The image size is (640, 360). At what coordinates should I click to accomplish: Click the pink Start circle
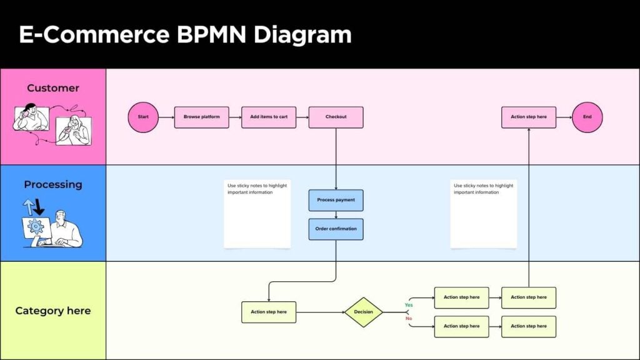point(143,117)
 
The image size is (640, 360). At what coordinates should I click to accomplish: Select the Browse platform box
point(201,117)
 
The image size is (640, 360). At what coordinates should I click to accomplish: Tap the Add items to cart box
point(269,117)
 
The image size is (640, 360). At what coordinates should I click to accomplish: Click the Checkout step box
point(336,117)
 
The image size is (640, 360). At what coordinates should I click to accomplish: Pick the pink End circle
point(587,117)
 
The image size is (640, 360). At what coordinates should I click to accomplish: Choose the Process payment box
point(336,200)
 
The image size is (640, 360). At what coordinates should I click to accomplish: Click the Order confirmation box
point(336,229)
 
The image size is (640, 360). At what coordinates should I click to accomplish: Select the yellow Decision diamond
point(363,312)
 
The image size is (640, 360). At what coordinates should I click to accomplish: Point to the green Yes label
point(409,305)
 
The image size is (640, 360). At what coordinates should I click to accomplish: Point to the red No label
point(409,319)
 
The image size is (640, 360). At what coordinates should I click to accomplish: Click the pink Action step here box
point(528,117)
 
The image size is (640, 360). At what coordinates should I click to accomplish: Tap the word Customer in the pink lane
point(53,88)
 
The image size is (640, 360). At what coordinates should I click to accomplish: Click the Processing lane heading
point(53,184)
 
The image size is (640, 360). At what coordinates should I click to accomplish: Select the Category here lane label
point(53,311)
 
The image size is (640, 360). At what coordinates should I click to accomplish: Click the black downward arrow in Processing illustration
point(39,207)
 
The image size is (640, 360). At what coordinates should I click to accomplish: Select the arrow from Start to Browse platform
point(166,117)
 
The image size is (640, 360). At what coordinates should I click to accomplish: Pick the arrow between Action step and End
point(564,117)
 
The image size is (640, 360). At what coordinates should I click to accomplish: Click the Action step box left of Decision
point(269,312)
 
